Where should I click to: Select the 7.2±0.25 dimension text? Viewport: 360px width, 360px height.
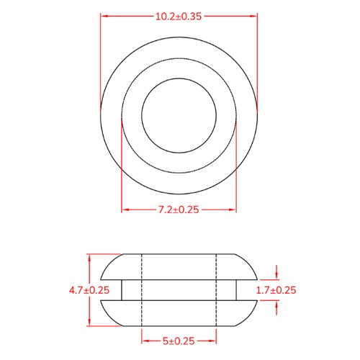[x=179, y=210]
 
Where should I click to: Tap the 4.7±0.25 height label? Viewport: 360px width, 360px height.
[x=89, y=290]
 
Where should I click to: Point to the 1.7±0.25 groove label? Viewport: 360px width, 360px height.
[x=276, y=290]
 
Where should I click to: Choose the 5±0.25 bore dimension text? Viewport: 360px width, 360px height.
[x=179, y=341]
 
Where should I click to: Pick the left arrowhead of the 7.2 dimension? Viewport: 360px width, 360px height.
[x=125, y=210]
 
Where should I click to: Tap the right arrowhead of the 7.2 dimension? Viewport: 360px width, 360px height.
[x=233, y=210]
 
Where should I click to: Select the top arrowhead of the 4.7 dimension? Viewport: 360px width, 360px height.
[x=89, y=257]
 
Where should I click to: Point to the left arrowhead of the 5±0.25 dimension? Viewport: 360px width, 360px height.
[x=145, y=341]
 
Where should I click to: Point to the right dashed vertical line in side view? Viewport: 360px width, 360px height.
[x=216, y=289]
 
